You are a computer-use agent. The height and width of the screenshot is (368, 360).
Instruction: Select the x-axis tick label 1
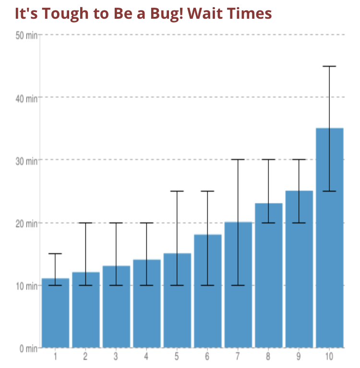55,356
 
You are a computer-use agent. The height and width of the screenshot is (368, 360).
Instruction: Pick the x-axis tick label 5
177,356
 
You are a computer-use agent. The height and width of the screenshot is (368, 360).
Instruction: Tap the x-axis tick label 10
329,356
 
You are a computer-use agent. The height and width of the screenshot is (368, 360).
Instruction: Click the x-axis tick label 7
238,356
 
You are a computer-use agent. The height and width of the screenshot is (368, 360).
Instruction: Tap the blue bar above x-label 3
116,307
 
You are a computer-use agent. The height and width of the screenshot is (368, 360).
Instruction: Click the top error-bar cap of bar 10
329,66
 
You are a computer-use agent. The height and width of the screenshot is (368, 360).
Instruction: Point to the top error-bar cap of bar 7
238,159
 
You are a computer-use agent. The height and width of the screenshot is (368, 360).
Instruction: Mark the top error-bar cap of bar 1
55,254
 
